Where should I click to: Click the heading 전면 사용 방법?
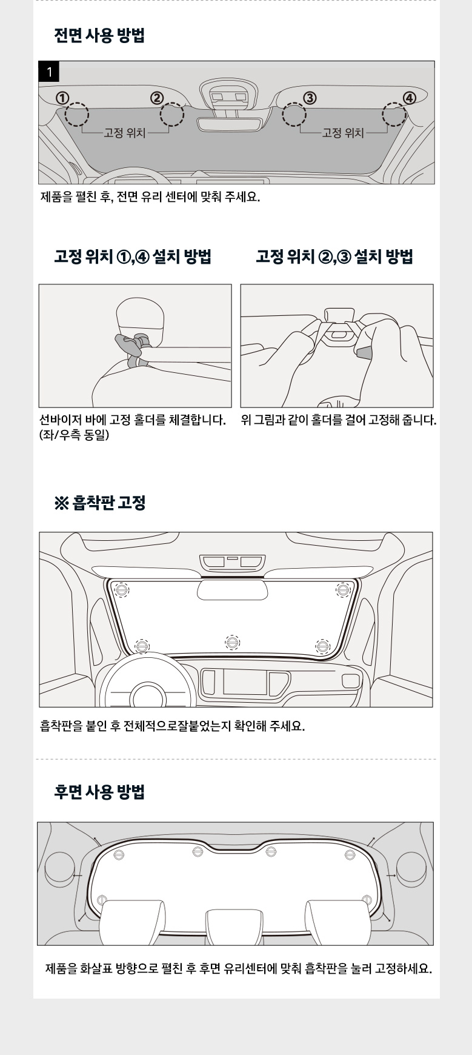99,35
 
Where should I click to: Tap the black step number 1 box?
49,72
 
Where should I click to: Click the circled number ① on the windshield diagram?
62,98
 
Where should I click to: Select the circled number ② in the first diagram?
157,98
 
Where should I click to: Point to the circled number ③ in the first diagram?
309,98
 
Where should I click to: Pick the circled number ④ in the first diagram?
410,98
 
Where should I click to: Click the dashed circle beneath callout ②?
171,114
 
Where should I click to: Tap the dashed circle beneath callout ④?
394,114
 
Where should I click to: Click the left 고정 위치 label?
125,133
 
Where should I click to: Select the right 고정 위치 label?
343,133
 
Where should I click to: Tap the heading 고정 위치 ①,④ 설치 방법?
133,256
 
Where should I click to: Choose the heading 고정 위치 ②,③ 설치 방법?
334,256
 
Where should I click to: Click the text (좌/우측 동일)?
74,435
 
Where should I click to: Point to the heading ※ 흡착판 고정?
100,503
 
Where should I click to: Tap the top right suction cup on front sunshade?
343,589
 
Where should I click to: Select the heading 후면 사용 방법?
99,792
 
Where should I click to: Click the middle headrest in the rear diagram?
234,926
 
